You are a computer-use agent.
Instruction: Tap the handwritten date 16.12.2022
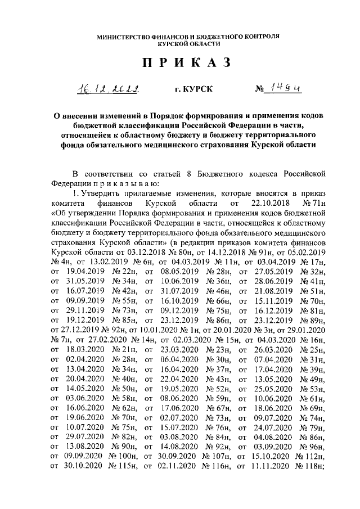109,88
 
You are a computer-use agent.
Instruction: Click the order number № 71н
315,201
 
